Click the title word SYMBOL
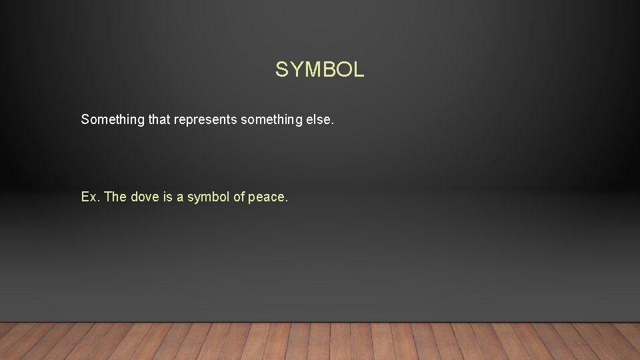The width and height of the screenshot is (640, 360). (320, 69)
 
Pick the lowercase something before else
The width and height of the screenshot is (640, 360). (269, 120)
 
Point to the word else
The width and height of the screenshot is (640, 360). (317, 120)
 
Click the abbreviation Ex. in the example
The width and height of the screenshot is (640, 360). (90, 197)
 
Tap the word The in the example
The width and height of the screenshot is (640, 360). (115, 197)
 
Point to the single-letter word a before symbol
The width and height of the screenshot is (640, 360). (180, 197)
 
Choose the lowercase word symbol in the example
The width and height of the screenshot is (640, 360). (209, 197)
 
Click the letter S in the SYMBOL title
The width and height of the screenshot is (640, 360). (282, 69)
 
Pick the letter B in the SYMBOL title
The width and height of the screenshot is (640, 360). (327, 69)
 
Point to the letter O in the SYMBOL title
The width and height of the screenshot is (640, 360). (343, 69)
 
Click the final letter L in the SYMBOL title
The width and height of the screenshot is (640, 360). (358, 69)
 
